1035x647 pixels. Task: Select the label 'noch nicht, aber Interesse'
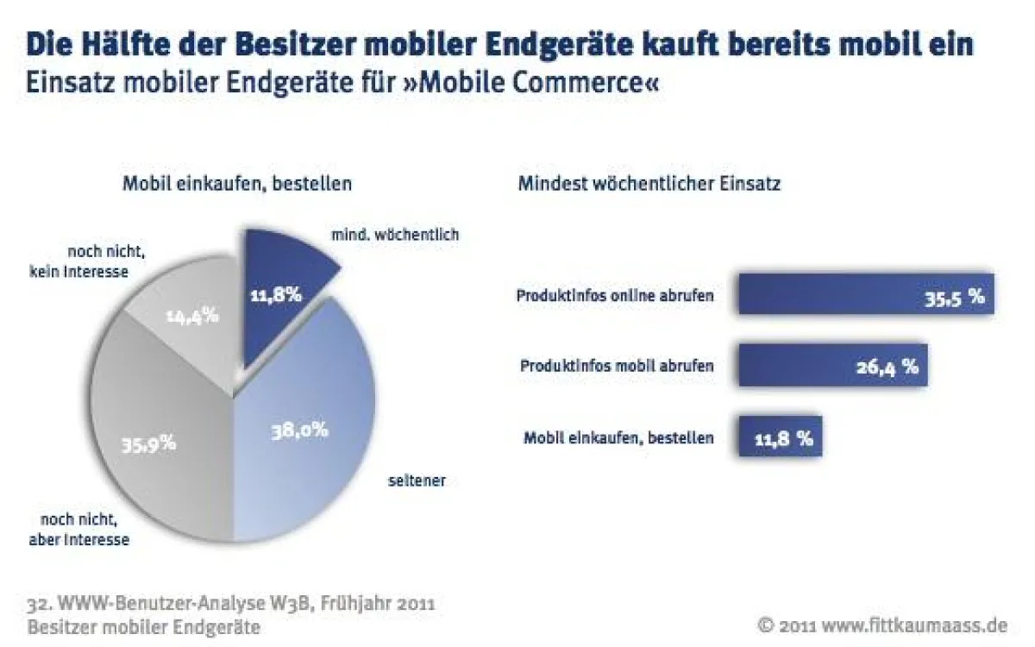(85, 531)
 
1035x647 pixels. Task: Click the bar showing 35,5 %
(862, 296)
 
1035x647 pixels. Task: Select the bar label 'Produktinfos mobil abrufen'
(617, 366)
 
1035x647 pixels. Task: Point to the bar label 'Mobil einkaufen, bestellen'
(618, 437)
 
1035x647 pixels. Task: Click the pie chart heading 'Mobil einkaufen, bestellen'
(236, 184)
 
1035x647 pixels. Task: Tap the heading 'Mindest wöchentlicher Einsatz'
(649, 184)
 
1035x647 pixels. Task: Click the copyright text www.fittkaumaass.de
(914, 624)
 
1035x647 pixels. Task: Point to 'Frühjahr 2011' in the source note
(377, 602)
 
